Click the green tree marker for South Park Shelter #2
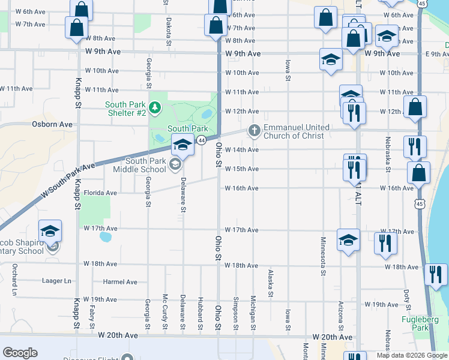(155, 108)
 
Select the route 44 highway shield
(202, 140)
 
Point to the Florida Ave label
(100, 193)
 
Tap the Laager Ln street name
(56, 281)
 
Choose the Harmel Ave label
(120, 282)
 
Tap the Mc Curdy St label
(164, 313)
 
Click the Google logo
(20, 353)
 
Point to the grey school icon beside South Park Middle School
(175, 165)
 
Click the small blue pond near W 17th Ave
(105, 237)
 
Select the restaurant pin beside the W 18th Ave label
(435, 275)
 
